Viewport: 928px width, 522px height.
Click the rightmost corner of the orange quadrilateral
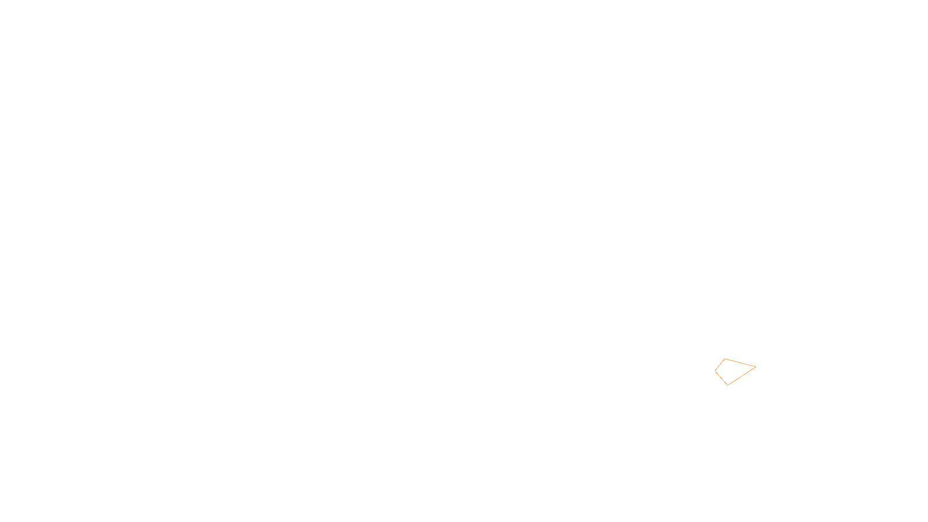pyautogui.click(x=756, y=367)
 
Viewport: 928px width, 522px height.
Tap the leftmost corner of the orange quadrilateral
pyautogui.click(x=715, y=371)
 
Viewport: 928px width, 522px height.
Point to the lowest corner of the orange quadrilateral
pyautogui.click(x=727, y=385)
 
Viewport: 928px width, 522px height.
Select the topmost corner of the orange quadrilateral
pyautogui.click(x=725, y=359)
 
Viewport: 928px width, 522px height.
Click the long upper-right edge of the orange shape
pyautogui.click(x=741, y=362)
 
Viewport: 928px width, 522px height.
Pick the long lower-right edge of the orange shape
pyautogui.click(x=742, y=375)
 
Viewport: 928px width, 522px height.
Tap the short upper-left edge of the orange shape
pyautogui.click(x=720, y=365)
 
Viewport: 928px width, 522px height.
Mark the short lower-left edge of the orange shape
pyautogui.click(x=721, y=378)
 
